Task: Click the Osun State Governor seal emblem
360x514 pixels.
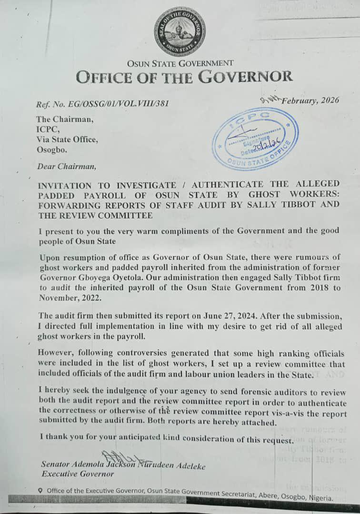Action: click(x=180, y=32)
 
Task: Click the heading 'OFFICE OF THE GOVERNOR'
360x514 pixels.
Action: click(x=184, y=77)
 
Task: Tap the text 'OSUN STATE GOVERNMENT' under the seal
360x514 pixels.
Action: click(x=180, y=63)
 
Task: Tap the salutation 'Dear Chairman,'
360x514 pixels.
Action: click(x=66, y=167)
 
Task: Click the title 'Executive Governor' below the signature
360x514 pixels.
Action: click(x=78, y=474)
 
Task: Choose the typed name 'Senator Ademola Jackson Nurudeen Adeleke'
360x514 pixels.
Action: click(x=123, y=465)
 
